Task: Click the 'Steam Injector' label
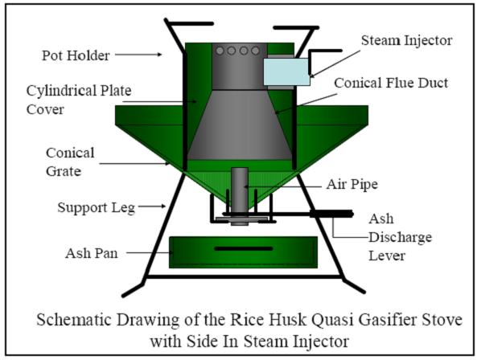406,40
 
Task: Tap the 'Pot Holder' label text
76,55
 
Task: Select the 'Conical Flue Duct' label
391,83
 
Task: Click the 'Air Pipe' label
352,184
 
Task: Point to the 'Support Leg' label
97,208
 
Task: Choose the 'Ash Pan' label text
91,253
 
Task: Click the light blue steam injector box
286,72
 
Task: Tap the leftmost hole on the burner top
220,51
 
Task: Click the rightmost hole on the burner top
255,51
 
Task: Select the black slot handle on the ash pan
244,248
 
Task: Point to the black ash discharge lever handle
331,214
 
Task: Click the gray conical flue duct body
240,125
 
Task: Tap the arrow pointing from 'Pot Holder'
138,55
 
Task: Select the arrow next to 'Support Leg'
152,207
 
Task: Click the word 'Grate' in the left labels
64,171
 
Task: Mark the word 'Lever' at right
387,256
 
